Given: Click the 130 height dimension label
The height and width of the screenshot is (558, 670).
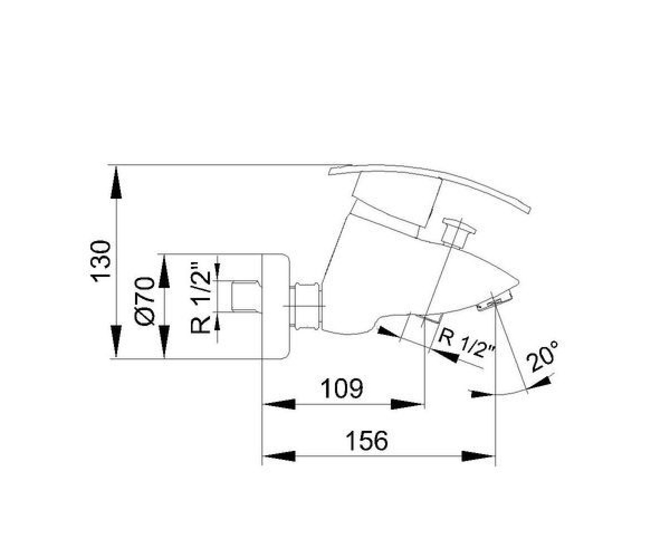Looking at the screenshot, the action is coord(102,261).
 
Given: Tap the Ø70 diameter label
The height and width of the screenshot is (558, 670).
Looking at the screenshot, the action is coord(145,301).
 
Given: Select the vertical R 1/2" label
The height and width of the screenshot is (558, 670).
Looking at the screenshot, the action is coord(200,298).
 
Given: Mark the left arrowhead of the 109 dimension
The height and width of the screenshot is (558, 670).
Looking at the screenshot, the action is coord(279,404).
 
